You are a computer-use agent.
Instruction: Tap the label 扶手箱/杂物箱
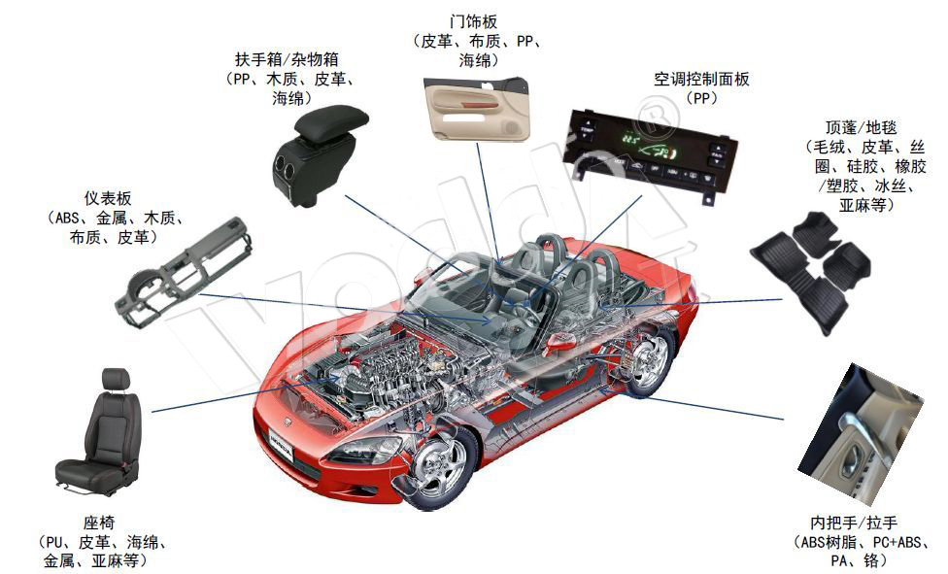pos(292,59)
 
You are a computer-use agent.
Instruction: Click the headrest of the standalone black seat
pos(116,381)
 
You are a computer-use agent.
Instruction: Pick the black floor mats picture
pos(810,268)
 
